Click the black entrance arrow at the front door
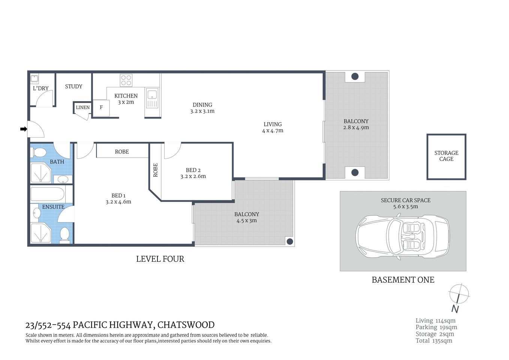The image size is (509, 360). (24, 129)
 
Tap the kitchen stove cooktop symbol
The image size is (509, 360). (126, 80)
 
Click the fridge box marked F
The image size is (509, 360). (101, 108)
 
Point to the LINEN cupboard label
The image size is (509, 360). (83, 107)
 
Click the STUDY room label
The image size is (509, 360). (73, 86)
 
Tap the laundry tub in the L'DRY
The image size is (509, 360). (34, 79)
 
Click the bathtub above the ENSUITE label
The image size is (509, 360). (47, 195)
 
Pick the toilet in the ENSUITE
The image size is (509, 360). (65, 235)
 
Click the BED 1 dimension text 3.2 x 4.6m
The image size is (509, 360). (118, 202)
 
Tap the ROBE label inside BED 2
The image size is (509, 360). (156, 170)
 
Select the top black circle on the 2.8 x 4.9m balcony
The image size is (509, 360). (355, 77)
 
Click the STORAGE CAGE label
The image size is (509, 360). (446, 156)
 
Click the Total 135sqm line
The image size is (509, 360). (434, 341)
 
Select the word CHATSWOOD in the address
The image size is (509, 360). (186, 325)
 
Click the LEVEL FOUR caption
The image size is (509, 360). (160, 259)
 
